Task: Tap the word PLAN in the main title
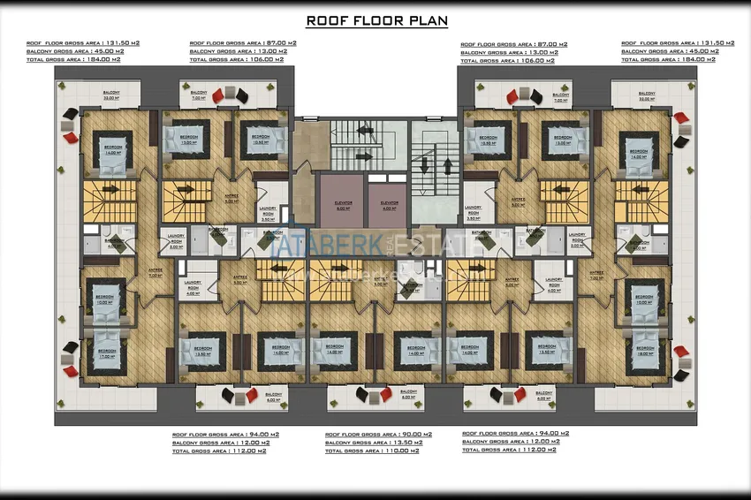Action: click(x=427, y=20)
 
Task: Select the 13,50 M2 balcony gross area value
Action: click(x=399, y=443)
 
